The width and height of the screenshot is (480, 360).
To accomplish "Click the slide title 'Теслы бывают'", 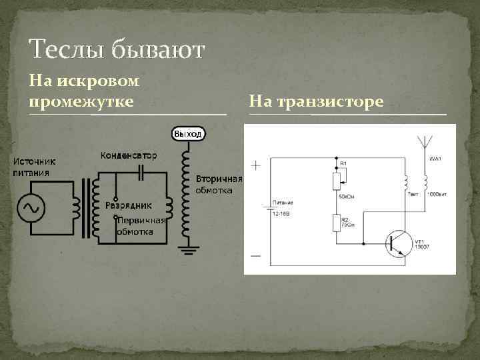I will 117,49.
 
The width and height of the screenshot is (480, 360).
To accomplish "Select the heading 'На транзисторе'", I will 316,101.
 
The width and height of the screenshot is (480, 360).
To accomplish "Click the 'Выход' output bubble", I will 187,134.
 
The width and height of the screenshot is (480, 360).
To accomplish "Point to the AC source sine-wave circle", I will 31,208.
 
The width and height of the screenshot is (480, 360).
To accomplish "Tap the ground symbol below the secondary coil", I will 187,250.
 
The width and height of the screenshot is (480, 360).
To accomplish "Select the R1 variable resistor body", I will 336,179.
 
